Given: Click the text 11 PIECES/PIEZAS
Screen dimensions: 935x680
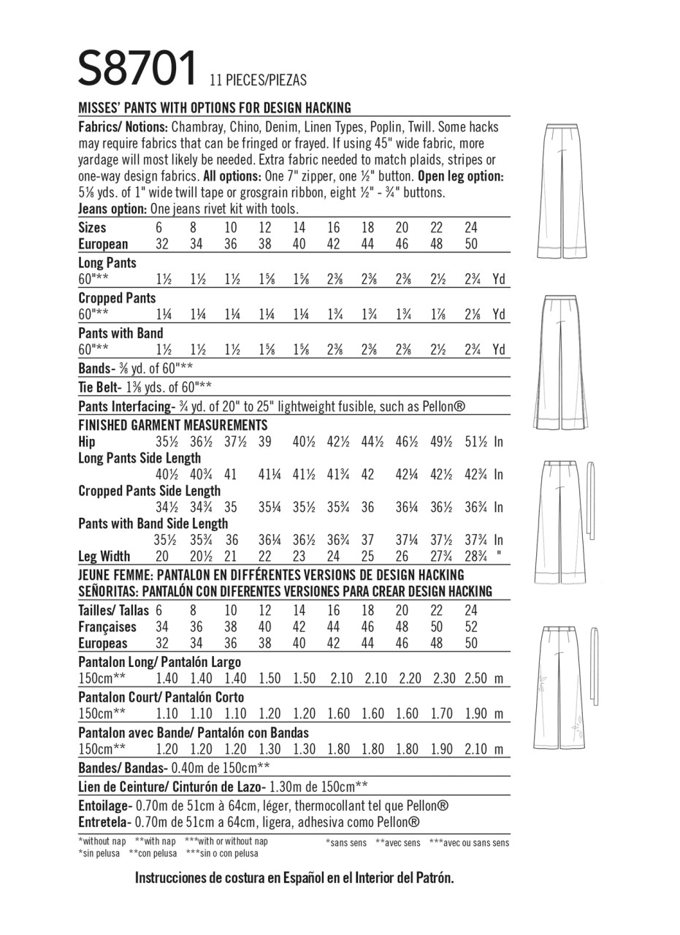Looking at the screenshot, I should pyautogui.click(x=258, y=80).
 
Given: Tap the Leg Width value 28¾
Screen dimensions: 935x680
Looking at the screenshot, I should pyautogui.click(x=475, y=557).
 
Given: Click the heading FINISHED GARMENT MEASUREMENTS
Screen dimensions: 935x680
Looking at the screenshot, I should pyautogui.click(x=173, y=426).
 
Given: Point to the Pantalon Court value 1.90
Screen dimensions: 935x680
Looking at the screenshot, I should pyautogui.click(x=475, y=714).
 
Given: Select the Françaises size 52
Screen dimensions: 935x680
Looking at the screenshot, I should pyautogui.click(x=471, y=627).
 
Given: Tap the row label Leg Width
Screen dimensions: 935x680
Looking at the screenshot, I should pyautogui.click(x=104, y=557).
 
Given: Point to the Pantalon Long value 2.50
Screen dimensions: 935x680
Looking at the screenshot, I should pyautogui.click(x=475, y=679).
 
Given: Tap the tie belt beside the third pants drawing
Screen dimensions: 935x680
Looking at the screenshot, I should pyautogui.click(x=590, y=497).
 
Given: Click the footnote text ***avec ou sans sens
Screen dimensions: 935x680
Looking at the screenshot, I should pyautogui.click(x=470, y=843).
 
